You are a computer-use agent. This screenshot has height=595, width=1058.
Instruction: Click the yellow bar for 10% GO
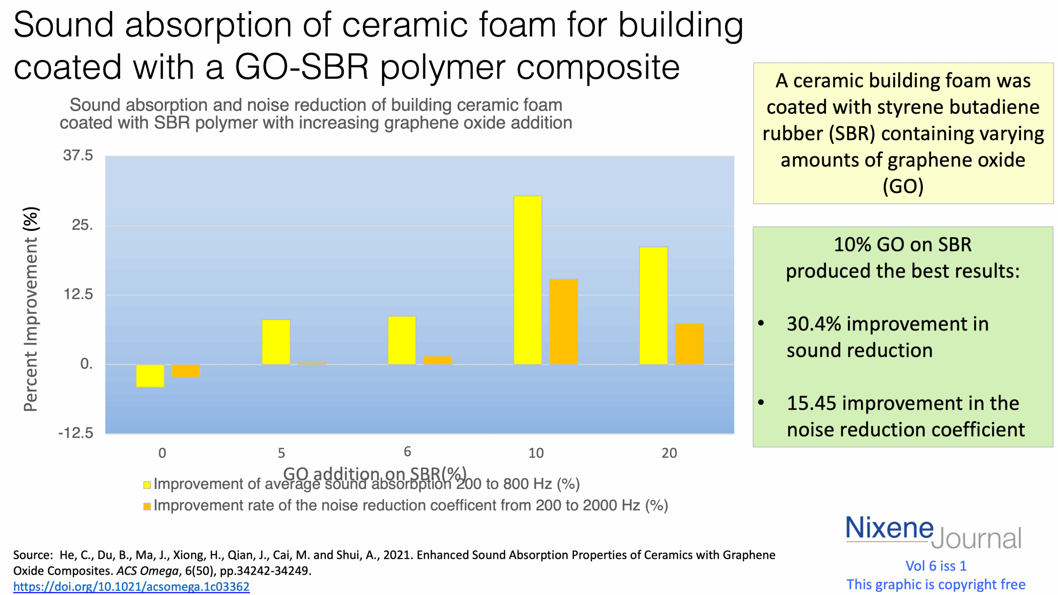pyautogui.click(x=527, y=280)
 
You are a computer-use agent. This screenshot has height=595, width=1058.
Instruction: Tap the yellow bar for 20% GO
pyautogui.click(x=653, y=305)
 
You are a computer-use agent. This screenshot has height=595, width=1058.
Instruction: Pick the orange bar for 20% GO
pyautogui.click(x=689, y=344)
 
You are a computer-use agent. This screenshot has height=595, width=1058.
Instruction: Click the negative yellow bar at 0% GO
pyautogui.click(x=150, y=375)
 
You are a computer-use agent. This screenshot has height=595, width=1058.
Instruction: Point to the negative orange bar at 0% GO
pyautogui.click(x=186, y=371)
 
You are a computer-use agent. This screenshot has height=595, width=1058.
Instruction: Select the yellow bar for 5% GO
pyautogui.click(x=276, y=342)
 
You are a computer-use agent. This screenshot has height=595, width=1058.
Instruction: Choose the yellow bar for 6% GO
pyautogui.click(x=401, y=340)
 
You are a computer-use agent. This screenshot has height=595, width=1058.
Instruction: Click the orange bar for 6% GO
pyautogui.click(x=437, y=360)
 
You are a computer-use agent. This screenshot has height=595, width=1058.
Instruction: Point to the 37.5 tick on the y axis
pyautogui.click(x=78, y=156)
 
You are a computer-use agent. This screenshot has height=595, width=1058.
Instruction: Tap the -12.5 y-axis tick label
pyautogui.click(x=76, y=433)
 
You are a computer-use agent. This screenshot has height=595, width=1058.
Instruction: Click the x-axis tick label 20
pyautogui.click(x=669, y=453)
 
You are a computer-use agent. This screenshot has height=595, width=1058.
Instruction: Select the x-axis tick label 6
pyautogui.click(x=407, y=452)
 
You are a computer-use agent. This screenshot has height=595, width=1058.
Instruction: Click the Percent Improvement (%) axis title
pyautogui.click(x=31, y=309)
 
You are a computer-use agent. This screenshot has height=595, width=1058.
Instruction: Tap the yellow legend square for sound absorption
pyautogui.click(x=147, y=485)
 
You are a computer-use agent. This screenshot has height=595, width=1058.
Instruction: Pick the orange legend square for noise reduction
pyautogui.click(x=147, y=506)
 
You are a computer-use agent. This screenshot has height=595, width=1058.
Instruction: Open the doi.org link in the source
pyautogui.click(x=131, y=586)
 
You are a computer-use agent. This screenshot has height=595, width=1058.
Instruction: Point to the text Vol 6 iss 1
pyautogui.click(x=936, y=566)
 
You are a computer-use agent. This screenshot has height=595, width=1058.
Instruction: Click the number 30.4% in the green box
pyautogui.click(x=813, y=324)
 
